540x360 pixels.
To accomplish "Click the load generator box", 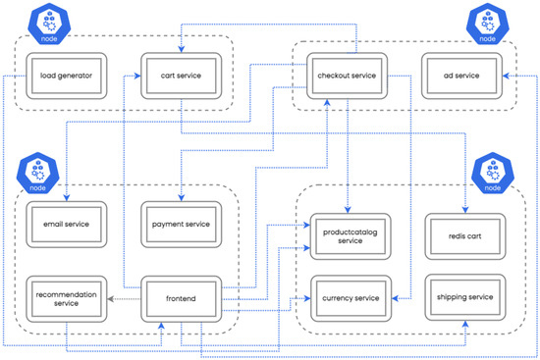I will (66, 76).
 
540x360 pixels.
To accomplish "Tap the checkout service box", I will (351, 76).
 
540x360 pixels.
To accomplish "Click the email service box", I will (66, 224).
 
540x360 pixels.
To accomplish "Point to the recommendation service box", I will (66, 298).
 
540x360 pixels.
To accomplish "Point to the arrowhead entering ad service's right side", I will (504, 76).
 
